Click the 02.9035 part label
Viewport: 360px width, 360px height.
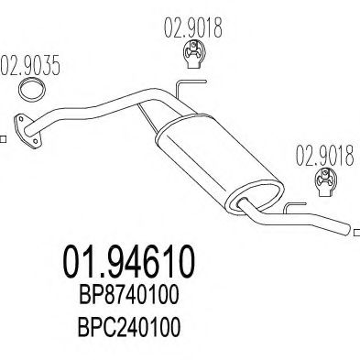point(32,67)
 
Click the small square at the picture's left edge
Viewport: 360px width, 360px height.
point(3,139)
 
